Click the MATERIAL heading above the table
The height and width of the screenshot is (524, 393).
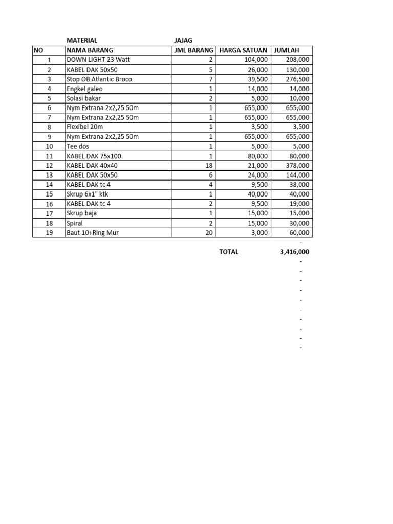82,40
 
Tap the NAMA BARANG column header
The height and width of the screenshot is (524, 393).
90,50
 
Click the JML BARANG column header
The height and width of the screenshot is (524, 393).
193,50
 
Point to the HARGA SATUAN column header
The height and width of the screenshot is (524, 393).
243,50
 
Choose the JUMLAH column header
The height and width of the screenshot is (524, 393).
287,50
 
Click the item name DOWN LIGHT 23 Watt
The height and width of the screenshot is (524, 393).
98,60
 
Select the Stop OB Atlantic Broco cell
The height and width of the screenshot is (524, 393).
99,79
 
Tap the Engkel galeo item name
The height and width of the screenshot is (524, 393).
84,89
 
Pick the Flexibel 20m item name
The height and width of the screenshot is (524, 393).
84,127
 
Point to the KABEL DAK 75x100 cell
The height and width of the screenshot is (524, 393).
94,156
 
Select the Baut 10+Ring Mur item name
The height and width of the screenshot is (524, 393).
95,233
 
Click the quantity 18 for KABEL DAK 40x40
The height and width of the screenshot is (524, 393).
208,166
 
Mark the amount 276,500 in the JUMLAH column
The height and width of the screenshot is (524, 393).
297,79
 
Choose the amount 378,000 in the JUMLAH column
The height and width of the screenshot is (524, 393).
297,166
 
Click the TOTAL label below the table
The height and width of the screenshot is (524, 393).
229,252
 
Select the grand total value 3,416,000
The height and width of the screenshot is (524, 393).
294,252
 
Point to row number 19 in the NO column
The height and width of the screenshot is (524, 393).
49,233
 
